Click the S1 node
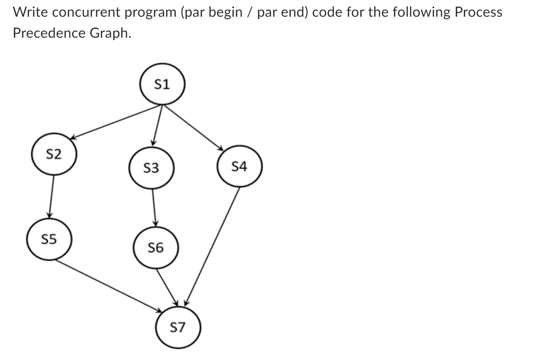(x=162, y=84)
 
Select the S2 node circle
(x=54, y=155)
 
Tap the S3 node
(x=151, y=168)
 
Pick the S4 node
(x=239, y=167)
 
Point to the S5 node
(x=49, y=239)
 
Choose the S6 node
(x=156, y=247)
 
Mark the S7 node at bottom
(x=178, y=327)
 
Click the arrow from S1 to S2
(x=117, y=121)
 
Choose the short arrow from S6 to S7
(x=167, y=287)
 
